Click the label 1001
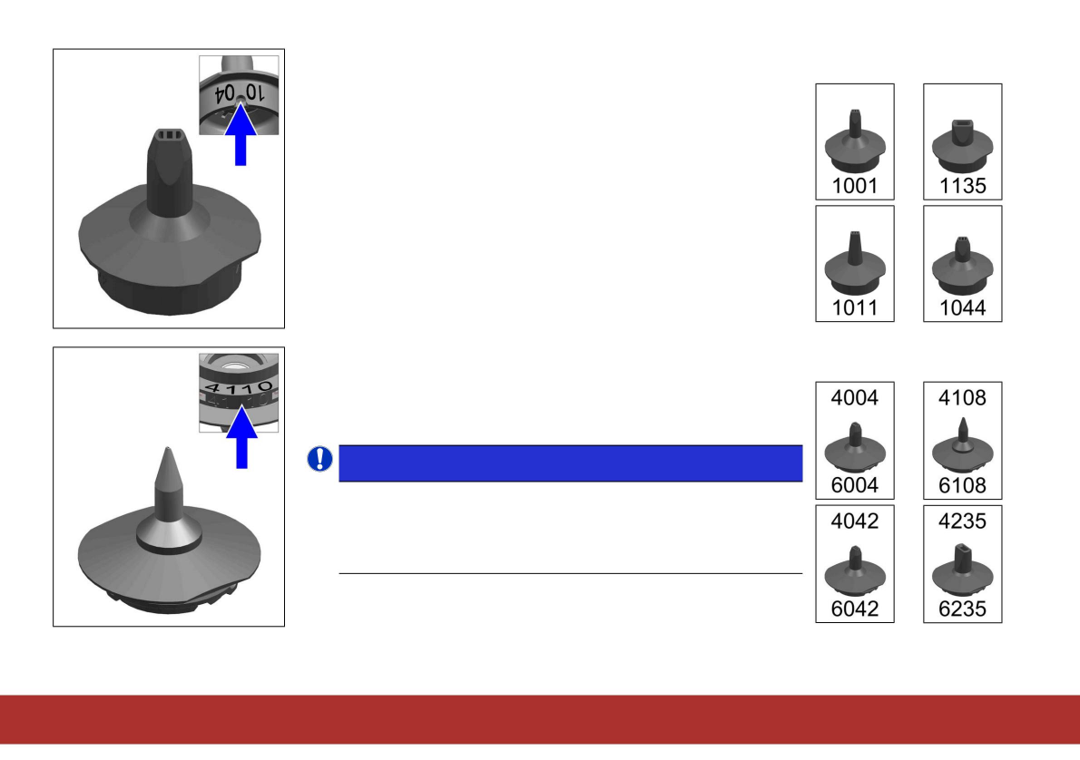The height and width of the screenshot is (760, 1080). coord(855,187)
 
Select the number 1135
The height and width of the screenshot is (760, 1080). coord(963,187)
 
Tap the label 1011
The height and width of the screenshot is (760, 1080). coord(855,308)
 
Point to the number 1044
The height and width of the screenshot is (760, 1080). coord(963,308)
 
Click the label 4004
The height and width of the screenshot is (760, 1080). coord(855,397)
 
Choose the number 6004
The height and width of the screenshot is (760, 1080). coord(855,486)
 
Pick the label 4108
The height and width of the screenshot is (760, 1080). coord(963,397)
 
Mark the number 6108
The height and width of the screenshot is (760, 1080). coord(963,486)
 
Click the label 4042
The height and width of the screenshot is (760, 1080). coord(855,521)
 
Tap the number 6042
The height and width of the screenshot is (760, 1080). coord(855,609)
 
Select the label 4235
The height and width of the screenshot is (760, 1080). coord(963,521)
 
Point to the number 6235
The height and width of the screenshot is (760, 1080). coord(963,609)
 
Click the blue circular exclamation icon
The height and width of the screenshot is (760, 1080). coord(319,460)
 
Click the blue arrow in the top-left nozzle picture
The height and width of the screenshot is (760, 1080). coord(241,135)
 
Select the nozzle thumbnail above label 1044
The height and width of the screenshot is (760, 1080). coord(963,262)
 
